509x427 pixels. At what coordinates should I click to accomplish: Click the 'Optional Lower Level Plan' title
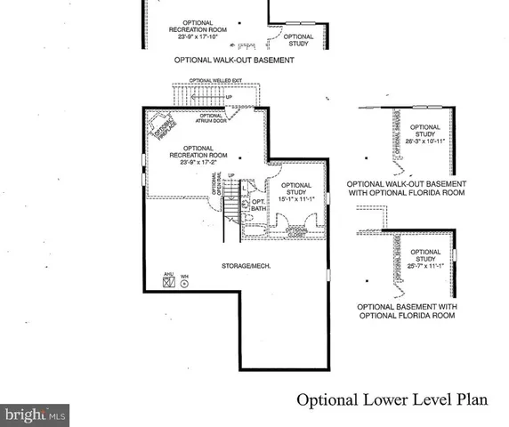tap(392, 399)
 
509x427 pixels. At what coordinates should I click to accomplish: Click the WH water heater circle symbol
tap(184, 284)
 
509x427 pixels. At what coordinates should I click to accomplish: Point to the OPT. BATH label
tap(258, 205)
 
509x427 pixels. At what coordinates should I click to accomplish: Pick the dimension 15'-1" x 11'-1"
tap(296, 198)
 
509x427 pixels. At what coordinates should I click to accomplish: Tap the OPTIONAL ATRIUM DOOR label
tap(211, 119)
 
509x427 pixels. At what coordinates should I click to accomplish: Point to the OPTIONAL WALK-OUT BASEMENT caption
tap(234, 60)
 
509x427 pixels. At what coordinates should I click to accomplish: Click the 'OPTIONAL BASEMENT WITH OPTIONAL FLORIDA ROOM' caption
tap(407, 310)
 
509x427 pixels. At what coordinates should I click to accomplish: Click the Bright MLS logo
tap(36, 414)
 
